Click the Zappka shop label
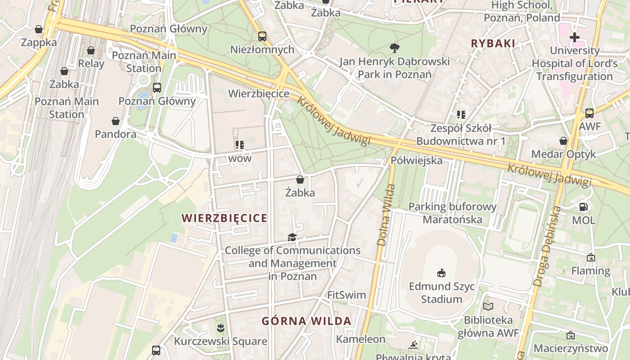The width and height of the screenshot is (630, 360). pyautogui.click(x=39, y=42)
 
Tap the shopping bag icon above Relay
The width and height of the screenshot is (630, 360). pyautogui.click(x=91, y=50)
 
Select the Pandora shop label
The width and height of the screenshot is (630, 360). pyautogui.click(x=116, y=134)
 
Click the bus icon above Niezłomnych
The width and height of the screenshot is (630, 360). pyautogui.click(x=262, y=36)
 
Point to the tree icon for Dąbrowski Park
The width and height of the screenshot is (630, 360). pyautogui.click(x=395, y=48)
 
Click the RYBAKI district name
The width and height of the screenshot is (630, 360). pyautogui.click(x=493, y=44)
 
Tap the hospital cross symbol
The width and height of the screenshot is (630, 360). pyautogui.click(x=574, y=37)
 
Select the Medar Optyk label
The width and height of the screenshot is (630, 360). pyautogui.click(x=563, y=154)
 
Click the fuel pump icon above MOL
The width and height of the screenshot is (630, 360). pyautogui.click(x=584, y=207)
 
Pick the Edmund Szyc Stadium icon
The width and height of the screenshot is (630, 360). pyautogui.click(x=441, y=273)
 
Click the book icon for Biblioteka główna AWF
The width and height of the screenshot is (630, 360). pyautogui.click(x=488, y=307)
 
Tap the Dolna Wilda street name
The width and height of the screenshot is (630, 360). pyautogui.click(x=382, y=215)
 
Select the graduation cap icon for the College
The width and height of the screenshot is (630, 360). pyautogui.click(x=292, y=237)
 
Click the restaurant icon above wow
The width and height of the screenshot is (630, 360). pyautogui.click(x=240, y=145)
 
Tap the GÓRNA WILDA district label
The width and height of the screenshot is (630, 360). pyautogui.click(x=306, y=321)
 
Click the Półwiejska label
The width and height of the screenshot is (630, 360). pyautogui.click(x=416, y=161)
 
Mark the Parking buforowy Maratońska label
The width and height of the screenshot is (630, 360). pyautogui.click(x=452, y=213)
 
